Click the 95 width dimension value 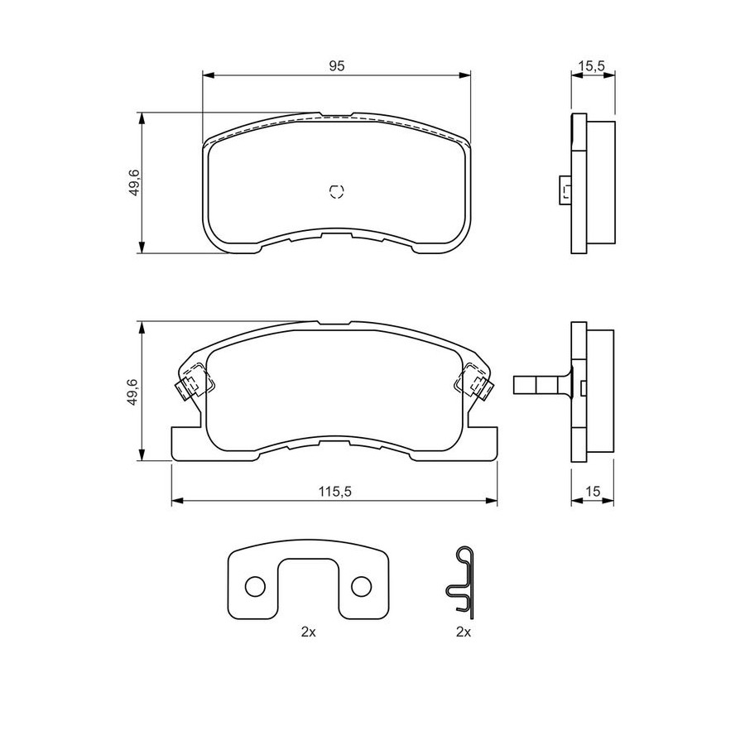pos(336,65)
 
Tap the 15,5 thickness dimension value pos(593,65)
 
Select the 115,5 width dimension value pos(334,491)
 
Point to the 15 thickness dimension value pos(593,491)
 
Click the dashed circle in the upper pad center pos(336,190)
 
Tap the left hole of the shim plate pos(255,587)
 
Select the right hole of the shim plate pos(361,587)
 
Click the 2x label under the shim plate pos(309,632)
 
